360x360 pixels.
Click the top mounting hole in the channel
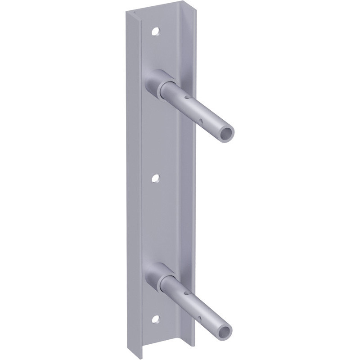coord(156,31)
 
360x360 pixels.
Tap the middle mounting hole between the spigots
coord(156,178)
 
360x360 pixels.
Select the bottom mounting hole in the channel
coord(156,319)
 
